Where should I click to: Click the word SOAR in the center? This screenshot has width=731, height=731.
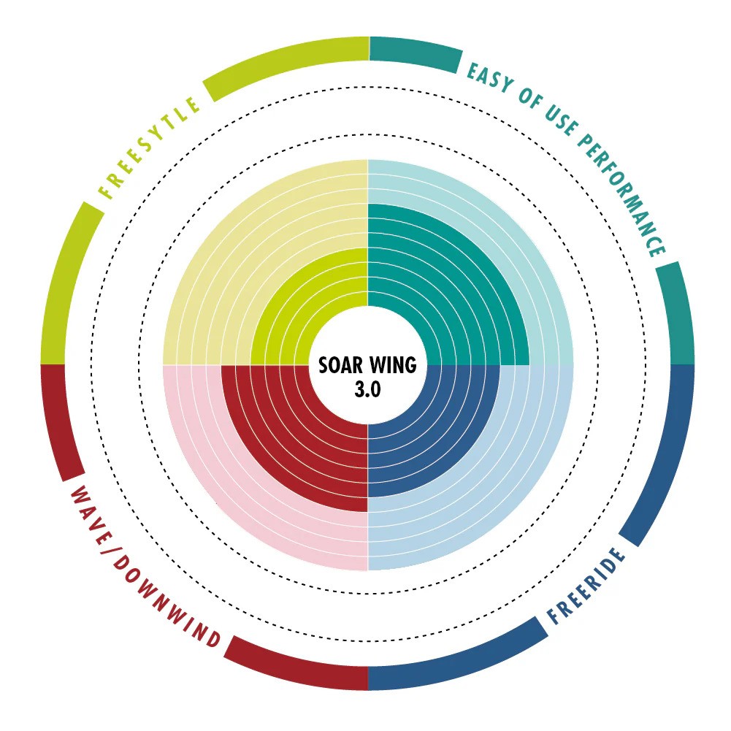(340, 365)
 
